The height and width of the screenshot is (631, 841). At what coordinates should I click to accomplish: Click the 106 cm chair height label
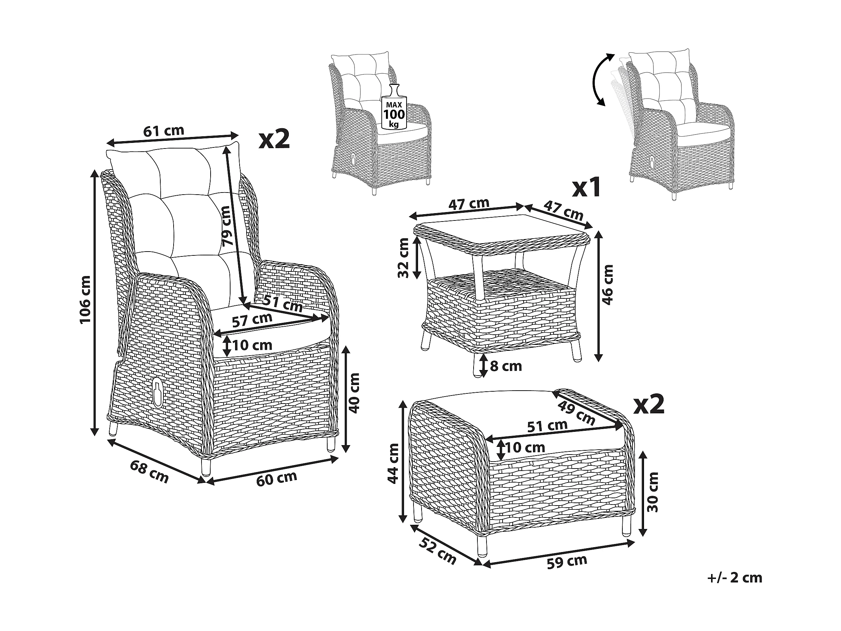tap(86, 300)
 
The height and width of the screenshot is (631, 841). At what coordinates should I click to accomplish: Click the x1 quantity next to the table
tap(586, 188)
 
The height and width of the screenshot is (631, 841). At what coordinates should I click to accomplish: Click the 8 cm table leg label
tap(506, 366)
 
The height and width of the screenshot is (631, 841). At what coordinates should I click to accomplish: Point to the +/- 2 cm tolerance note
tap(735, 588)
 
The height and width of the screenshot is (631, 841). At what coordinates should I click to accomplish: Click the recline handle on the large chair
tap(157, 390)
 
